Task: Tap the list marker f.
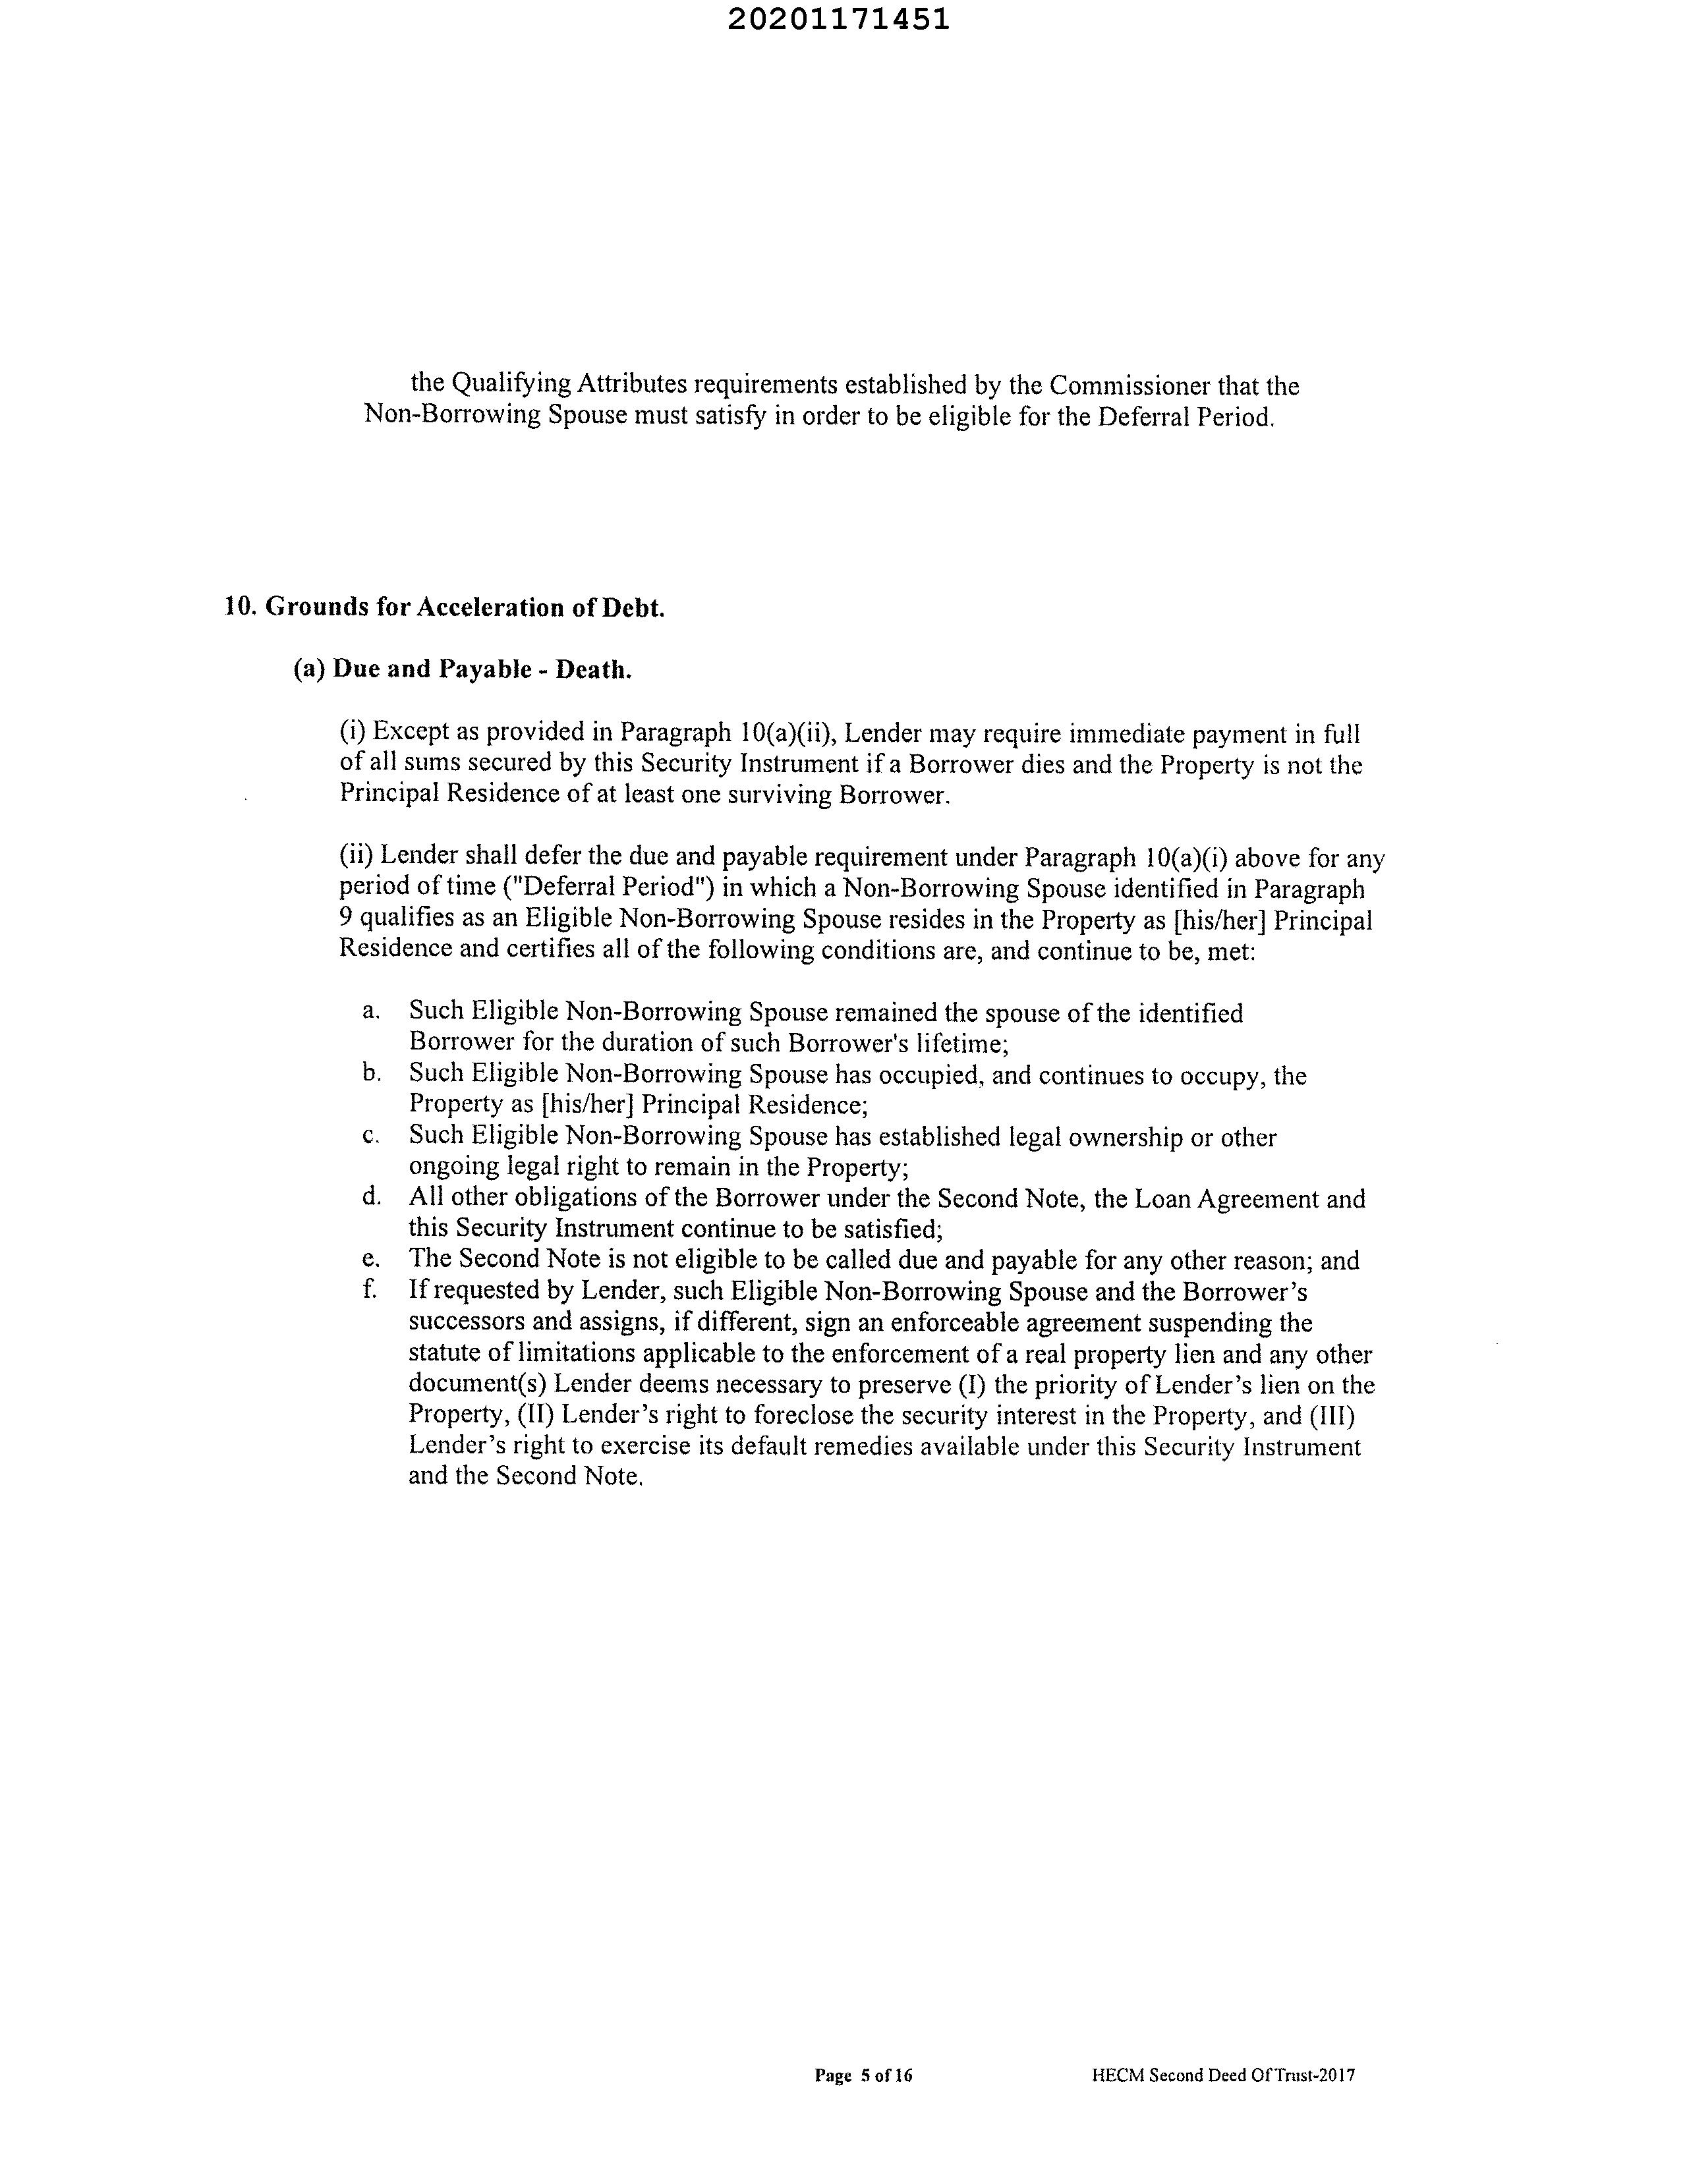(x=370, y=1291)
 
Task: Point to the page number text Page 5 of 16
(x=863, y=2076)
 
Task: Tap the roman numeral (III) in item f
(x=1333, y=1416)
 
